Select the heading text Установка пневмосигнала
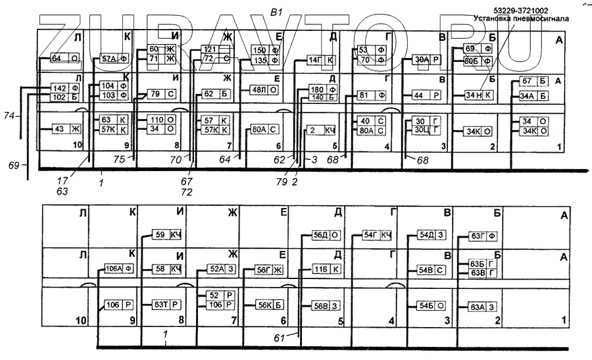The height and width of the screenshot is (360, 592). click(x=521, y=19)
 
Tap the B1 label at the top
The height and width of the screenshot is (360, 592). click(x=277, y=11)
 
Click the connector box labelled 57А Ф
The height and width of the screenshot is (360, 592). click(x=113, y=58)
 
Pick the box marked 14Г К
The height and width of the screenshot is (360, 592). click(x=322, y=61)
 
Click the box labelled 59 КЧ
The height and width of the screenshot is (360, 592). click(x=167, y=235)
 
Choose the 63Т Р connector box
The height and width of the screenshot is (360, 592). click(x=167, y=304)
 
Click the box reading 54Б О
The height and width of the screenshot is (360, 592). click(x=431, y=305)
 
